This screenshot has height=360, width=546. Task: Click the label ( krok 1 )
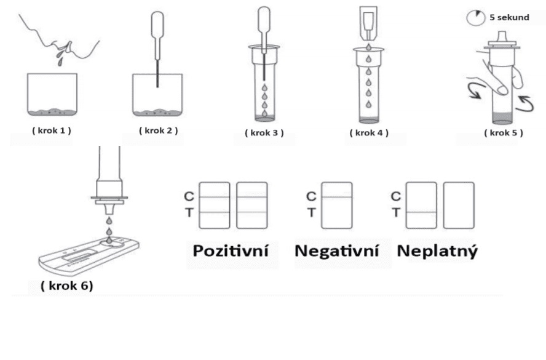click(x=52, y=130)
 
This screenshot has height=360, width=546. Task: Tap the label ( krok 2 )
click(x=159, y=130)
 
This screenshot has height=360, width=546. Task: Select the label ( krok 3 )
click(x=264, y=133)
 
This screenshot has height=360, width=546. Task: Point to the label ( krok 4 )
click(x=369, y=133)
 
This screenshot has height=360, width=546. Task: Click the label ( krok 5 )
click(x=504, y=133)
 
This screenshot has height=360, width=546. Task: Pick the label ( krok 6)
click(x=67, y=286)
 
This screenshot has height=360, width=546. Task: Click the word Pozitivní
click(x=231, y=250)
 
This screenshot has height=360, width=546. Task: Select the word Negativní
click(x=337, y=250)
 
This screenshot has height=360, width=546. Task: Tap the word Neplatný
click(x=437, y=251)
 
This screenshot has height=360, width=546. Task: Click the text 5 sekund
click(x=509, y=17)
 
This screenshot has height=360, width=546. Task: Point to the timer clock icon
click(x=476, y=17)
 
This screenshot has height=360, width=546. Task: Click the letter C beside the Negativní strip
click(x=311, y=196)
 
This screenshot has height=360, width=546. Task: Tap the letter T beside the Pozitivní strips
click(x=189, y=212)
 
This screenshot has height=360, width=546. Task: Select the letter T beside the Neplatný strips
click(x=395, y=212)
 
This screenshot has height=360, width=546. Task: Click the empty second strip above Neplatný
click(x=459, y=206)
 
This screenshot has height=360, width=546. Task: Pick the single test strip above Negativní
click(x=336, y=206)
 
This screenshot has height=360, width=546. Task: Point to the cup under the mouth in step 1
click(x=52, y=94)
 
